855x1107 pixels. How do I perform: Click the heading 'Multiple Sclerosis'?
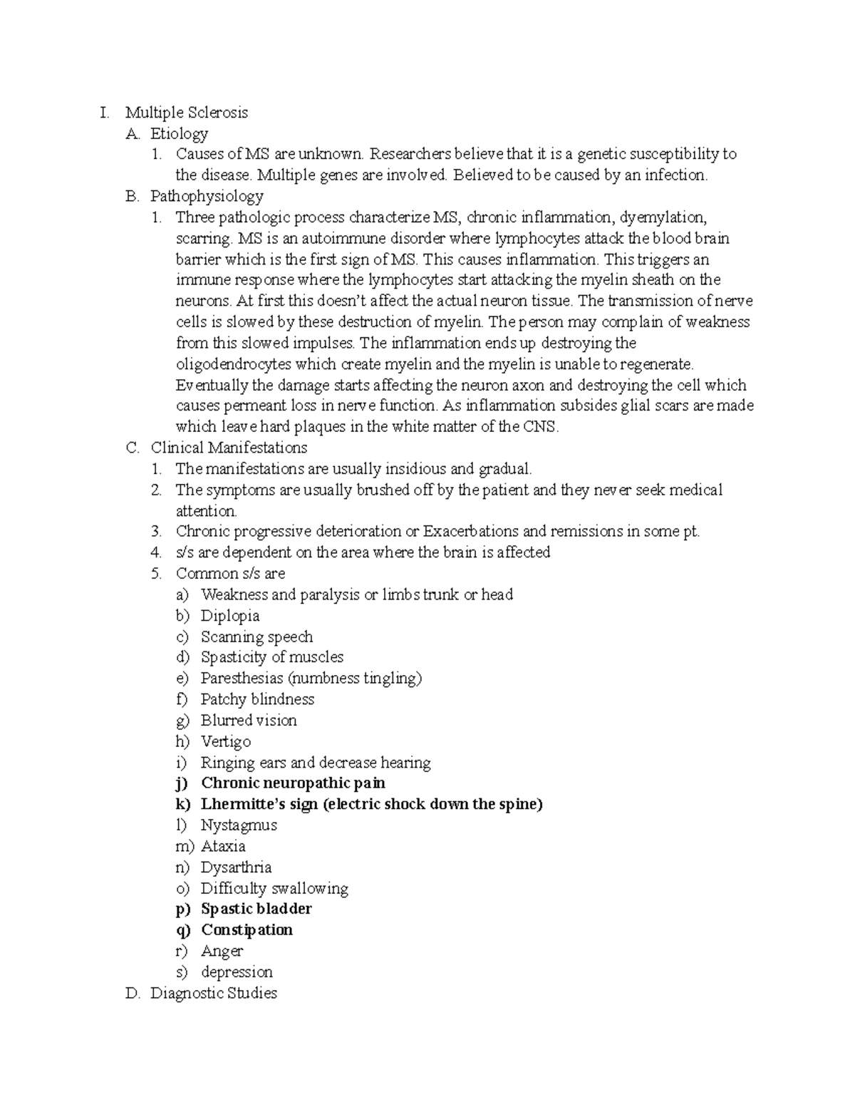(187, 113)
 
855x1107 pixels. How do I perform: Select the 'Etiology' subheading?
(179, 133)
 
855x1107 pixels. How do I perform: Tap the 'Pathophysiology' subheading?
(207, 196)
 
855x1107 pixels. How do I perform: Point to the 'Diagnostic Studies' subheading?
(213, 993)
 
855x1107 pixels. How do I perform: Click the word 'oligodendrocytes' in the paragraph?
(234, 364)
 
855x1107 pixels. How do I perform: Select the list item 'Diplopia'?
(230, 616)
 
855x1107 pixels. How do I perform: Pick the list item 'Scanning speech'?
(256, 637)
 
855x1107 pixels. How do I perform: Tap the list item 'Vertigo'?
(226, 741)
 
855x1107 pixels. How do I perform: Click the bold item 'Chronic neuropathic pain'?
(293, 783)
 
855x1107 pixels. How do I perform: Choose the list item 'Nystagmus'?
(239, 825)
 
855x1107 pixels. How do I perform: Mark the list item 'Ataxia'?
(223, 846)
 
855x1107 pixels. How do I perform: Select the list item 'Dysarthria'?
(236, 867)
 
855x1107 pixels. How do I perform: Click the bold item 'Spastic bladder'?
(256, 909)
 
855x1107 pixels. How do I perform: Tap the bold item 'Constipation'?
(247, 930)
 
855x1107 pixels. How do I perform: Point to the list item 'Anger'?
(222, 951)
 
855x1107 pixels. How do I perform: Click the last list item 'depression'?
(237, 972)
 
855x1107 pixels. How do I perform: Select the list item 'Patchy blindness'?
(257, 699)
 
